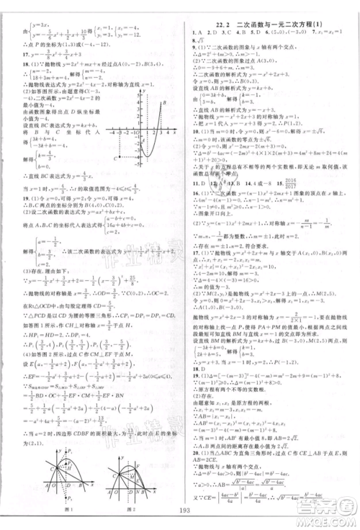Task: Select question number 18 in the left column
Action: [7, 64]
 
